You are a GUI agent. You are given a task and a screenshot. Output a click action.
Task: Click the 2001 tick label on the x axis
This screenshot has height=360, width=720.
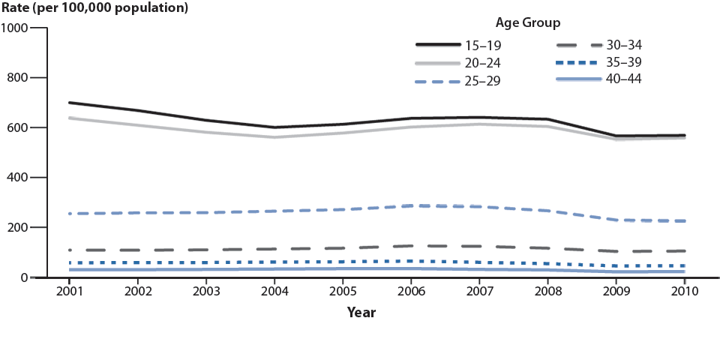coord(69,291)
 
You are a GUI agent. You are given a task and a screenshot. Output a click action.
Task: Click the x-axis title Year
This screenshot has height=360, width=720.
coord(361,313)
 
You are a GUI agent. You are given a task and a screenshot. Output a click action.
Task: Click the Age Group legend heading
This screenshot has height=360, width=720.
coord(527,22)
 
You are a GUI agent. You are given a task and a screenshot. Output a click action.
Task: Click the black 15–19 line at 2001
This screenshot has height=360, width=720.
coord(69,103)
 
